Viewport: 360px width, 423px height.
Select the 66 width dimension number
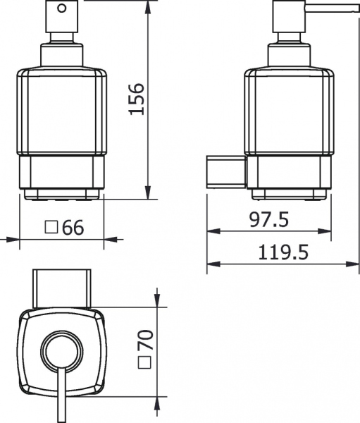click(73, 227)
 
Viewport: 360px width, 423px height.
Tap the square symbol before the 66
click(51, 227)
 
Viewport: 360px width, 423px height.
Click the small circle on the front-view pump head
click(63, 10)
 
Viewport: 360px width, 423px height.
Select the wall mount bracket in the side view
click(225, 171)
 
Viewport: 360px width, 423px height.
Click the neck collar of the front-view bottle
click(63, 55)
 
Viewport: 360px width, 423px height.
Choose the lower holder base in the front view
click(63, 176)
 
